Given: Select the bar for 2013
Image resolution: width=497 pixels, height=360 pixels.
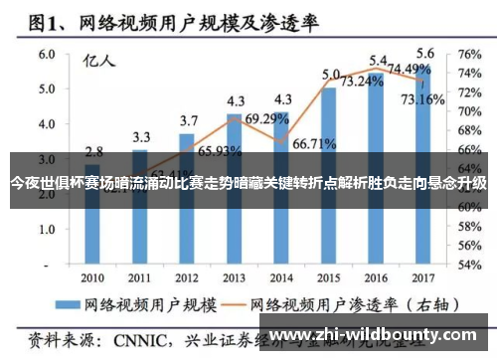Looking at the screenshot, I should pos(236,189).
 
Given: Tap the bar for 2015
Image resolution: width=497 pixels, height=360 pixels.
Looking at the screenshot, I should pos(330,174).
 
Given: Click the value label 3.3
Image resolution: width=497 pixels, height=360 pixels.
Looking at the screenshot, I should pos(141,136).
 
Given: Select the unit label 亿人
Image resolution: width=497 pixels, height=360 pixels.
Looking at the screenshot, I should pos(98,60).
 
